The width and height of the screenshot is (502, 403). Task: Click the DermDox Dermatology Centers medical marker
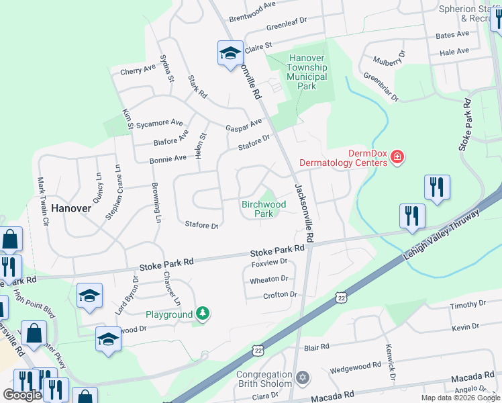(x=397, y=157)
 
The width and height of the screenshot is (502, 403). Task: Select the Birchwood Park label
(x=264, y=209)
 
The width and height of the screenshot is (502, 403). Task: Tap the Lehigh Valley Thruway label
(x=442, y=236)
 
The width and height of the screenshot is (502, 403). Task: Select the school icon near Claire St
(x=230, y=54)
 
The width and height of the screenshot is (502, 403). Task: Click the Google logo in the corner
(x=22, y=395)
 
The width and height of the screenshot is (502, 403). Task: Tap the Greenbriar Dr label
(x=381, y=88)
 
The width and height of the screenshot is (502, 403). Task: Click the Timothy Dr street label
(x=463, y=305)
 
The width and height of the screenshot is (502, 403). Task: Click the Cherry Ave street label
(x=138, y=70)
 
